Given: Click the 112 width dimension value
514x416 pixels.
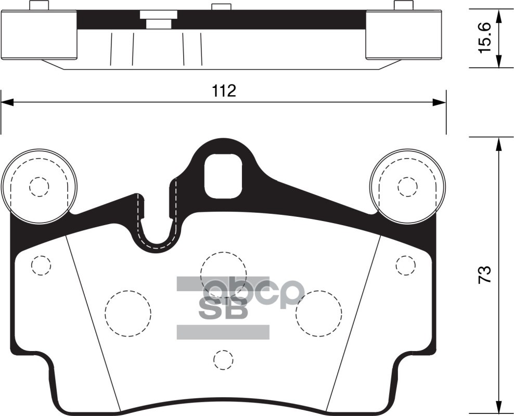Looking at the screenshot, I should pos(224,91).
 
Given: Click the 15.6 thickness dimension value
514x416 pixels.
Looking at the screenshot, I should pos(484,38).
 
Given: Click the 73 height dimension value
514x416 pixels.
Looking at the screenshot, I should pos(484,274).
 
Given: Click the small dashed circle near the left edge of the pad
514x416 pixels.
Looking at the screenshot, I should pos(41,265).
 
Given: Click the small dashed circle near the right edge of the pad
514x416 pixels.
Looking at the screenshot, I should pos(405,265).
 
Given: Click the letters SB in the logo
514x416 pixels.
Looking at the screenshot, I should pos(224,309).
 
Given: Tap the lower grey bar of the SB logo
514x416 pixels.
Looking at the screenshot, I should pos(223,332).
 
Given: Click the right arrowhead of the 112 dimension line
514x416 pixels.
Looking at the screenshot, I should pos(441,103).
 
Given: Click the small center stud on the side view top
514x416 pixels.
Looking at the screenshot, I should pos(221,7).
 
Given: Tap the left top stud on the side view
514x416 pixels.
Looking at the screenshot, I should pos(39,5).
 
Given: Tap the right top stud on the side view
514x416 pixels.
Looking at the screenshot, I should pos(403,5).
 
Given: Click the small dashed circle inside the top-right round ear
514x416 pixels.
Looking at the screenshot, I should pos(407,186).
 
